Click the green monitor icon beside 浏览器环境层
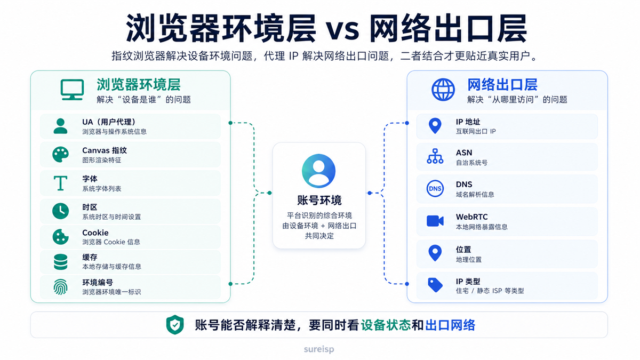pyautogui.click(x=72, y=90)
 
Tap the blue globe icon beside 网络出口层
pyautogui.click(x=443, y=90)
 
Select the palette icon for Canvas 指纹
pyautogui.click(x=61, y=155)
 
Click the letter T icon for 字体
pyautogui.click(x=61, y=183)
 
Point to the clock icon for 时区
pyautogui.click(x=61, y=211)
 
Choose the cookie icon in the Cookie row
pyautogui.click(x=61, y=237)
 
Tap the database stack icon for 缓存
pyautogui.click(x=61, y=262)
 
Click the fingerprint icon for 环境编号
pyautogui.click(x=61, y=287)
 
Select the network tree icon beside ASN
pyautogui.click(x=435, y=156)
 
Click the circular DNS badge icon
pyautogui.click(x=435, y=189)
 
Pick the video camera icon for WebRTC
pyautogui.click(x=435, y=221)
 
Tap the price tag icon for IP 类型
pyautogui.click(x=435, y=285)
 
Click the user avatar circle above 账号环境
pyautogui.click(x=318, y=171)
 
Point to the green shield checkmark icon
pyautogui.click(x=175, y=325)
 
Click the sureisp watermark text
pyautogui.click(x=319, y=349)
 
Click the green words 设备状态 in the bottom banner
pyautogui.click(x=386, y=325)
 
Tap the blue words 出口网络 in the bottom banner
pyautogui.click(x=450, y=325)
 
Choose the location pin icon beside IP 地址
pyautogui.click(x=435, y=126)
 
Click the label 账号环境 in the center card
pyautogui.click(x=319, y=201)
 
